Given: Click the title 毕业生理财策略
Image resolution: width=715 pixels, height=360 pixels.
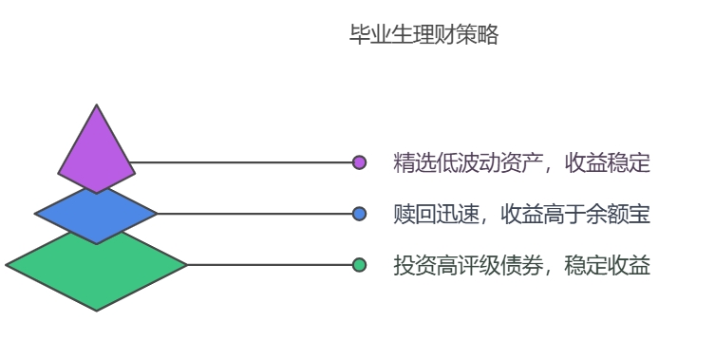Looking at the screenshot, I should click(424, 36).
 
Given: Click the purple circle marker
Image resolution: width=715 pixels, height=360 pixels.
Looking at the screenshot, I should click(359, 162).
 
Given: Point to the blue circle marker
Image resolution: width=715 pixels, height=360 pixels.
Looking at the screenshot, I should click(359, 214).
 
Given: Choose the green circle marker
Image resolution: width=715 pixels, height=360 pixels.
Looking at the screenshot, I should click(359, 265).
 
